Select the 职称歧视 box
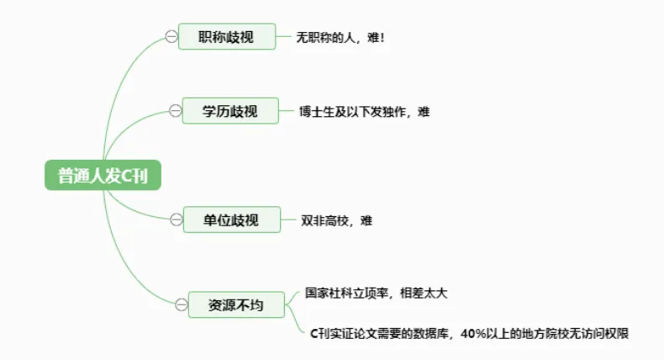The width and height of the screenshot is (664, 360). click(226, 36)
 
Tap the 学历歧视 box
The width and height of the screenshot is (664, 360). click(230, 110)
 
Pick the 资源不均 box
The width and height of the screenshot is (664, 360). click(235, 304)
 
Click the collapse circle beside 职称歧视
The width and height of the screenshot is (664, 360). click(171, 36)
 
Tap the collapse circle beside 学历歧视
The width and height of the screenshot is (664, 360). click(176, 110)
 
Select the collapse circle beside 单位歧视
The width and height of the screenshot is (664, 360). click(176, 220)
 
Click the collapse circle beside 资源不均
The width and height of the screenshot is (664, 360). click(180, 304)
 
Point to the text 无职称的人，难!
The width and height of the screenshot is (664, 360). click(340, 38)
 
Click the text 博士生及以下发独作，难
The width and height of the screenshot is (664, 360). click(364, 111)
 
